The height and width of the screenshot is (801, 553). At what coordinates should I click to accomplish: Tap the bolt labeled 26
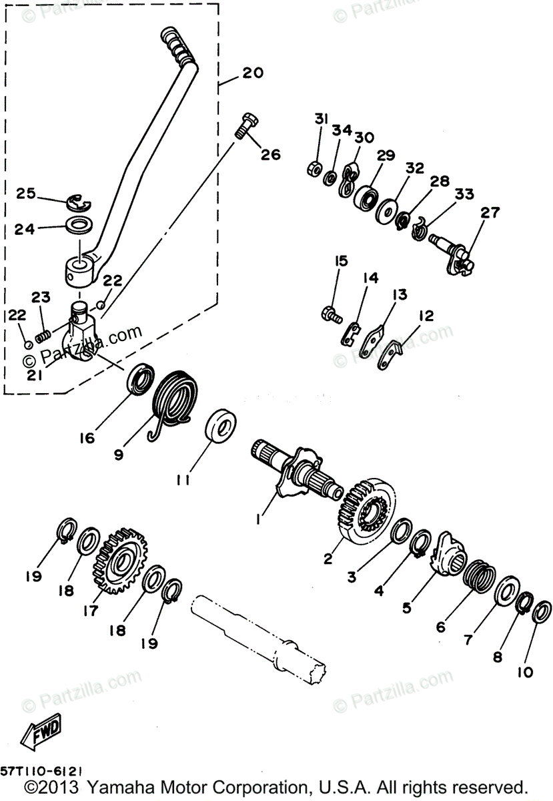pos(249,125)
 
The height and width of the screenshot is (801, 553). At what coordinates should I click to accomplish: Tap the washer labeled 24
pos(81,223)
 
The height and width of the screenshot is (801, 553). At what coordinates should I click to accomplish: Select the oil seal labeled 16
pos(139,380)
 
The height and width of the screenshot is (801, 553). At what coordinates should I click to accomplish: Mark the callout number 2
pos(328,559)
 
